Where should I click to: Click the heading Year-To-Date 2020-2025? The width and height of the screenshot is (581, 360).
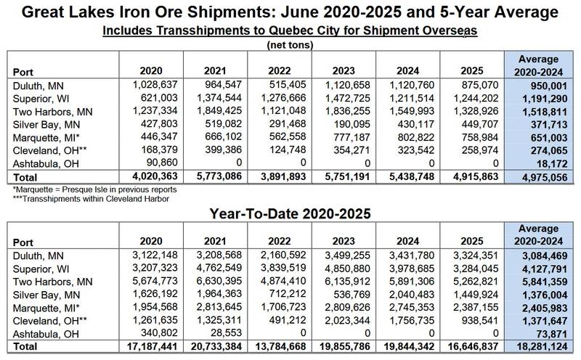point(289,216)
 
